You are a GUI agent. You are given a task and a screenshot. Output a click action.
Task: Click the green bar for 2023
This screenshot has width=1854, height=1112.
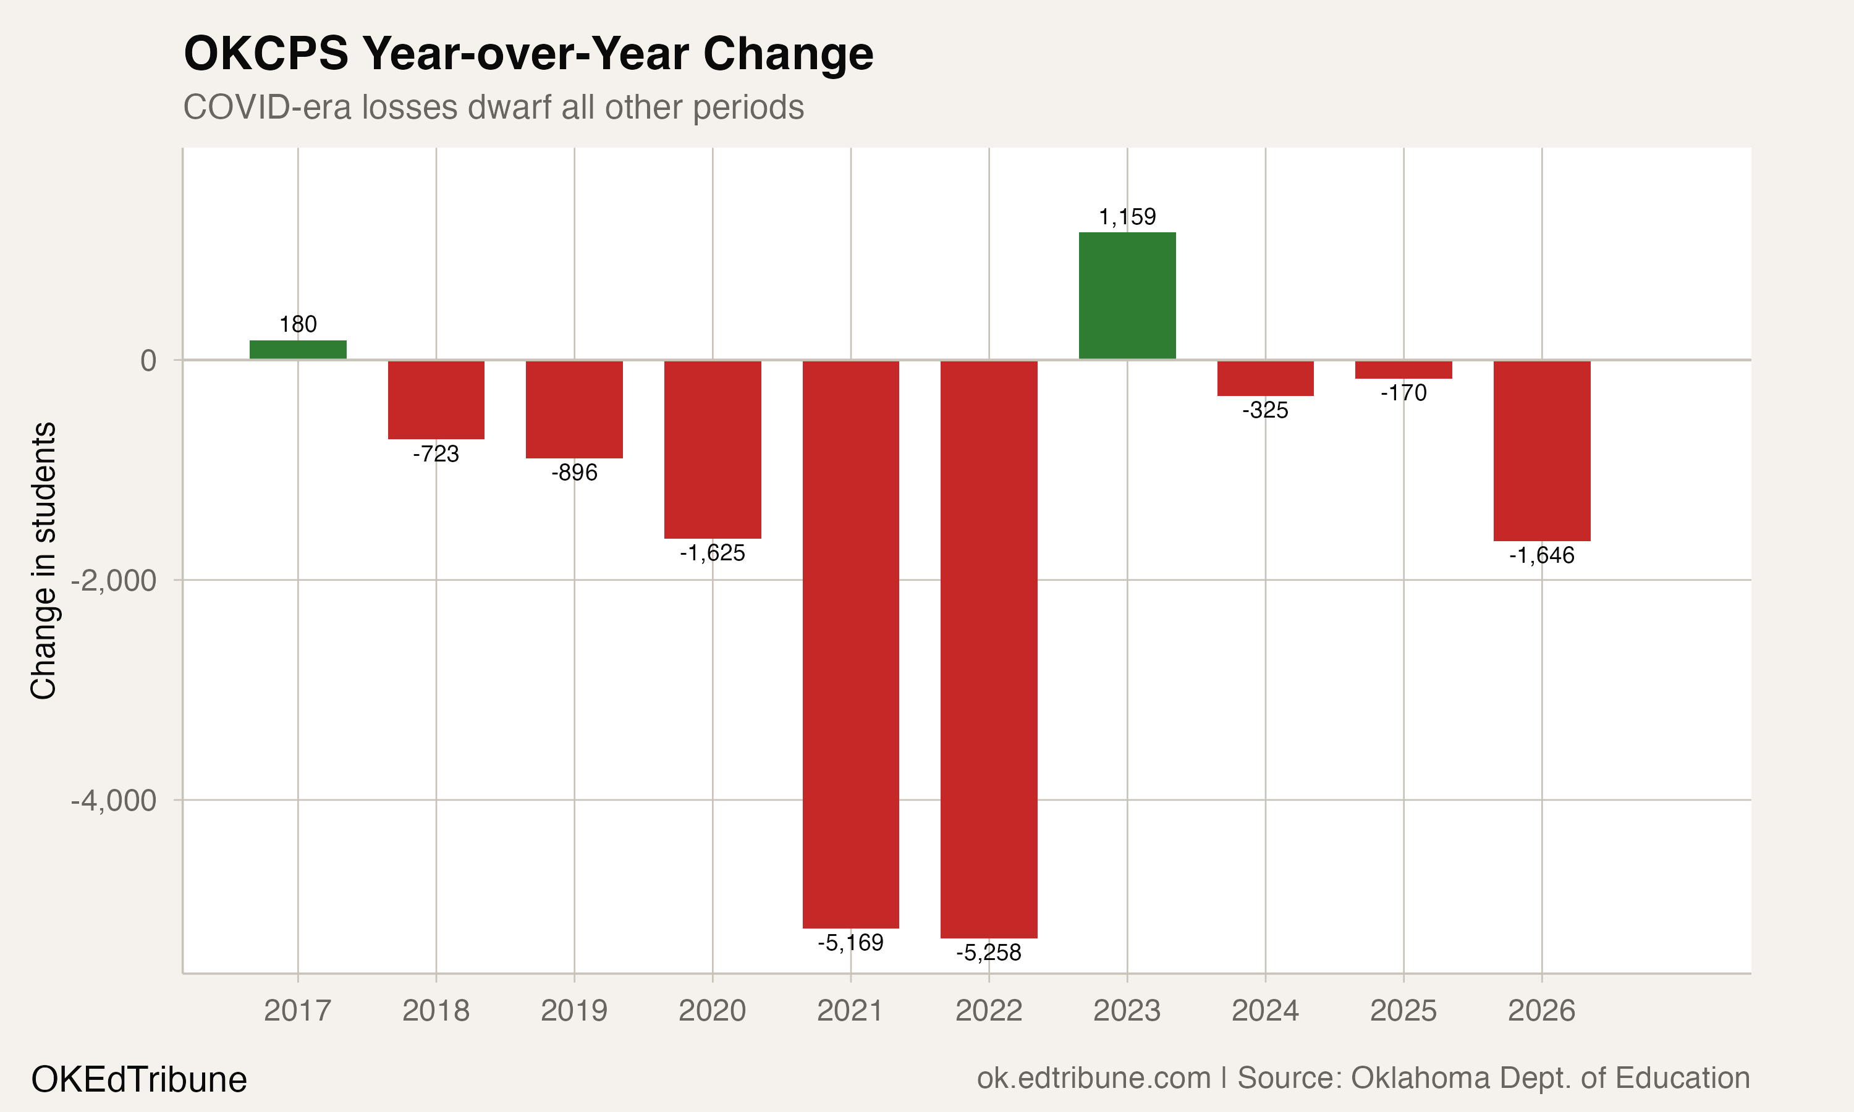pos(1127,296)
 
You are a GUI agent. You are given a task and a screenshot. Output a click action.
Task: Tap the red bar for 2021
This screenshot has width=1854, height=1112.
pos(850,644)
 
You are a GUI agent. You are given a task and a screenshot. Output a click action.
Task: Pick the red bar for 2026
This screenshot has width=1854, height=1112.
pos(1541,450)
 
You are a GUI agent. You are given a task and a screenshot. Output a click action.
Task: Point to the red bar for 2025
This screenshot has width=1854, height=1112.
pos(1403,369)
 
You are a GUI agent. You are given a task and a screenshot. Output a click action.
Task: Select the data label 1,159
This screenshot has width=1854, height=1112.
pos(1127,217)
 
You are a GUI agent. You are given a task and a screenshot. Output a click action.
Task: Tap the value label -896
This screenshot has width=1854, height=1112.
pos(574,473)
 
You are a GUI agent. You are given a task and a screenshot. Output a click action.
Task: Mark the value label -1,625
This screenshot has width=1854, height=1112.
pos(712,554)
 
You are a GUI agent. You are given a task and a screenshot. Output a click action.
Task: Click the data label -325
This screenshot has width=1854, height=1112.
pos(1265,411)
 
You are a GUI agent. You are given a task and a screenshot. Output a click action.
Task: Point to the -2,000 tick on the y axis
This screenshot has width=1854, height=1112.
pos(114,581)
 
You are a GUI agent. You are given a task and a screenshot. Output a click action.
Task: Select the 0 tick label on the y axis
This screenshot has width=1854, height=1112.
pos(148,360)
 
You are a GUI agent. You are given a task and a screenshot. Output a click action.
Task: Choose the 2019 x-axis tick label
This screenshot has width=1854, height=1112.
pos(574,1011)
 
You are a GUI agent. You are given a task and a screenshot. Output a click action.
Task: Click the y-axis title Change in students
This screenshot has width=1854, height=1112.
pos(43,560)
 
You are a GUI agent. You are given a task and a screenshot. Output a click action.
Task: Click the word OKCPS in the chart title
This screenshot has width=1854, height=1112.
pos(266,54)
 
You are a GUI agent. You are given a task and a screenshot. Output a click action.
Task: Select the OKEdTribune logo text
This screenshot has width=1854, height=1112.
pos(138,1080)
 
